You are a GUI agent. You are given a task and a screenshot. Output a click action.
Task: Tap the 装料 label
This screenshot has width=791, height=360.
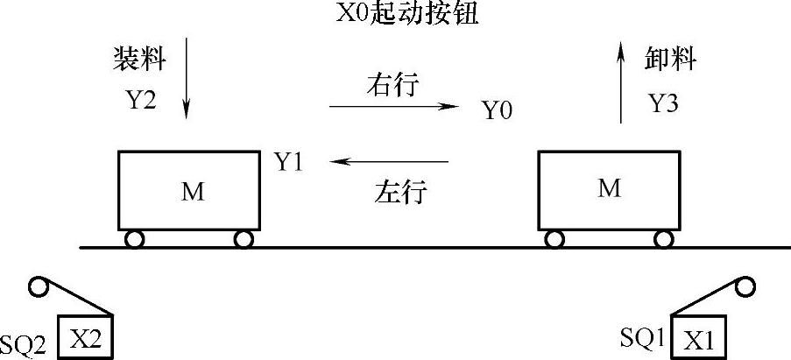(139, 60)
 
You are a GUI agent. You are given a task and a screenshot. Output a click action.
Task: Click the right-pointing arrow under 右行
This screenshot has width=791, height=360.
(393, 107)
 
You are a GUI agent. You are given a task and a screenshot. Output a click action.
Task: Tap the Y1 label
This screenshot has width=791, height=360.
(288, 162)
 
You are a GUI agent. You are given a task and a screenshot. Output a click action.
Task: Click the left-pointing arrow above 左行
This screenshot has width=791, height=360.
(389, 161)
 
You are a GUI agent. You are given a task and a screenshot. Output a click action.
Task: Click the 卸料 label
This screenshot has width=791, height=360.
(671, 60)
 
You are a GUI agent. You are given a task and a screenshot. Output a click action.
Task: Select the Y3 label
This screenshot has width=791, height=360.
(664, 104)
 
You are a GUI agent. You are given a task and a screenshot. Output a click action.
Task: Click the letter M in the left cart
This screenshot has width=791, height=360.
(193, 192)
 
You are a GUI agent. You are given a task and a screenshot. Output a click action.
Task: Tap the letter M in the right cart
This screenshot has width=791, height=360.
(608, 187)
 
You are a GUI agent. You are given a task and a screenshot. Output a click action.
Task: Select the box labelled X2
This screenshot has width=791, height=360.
(86, 336)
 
